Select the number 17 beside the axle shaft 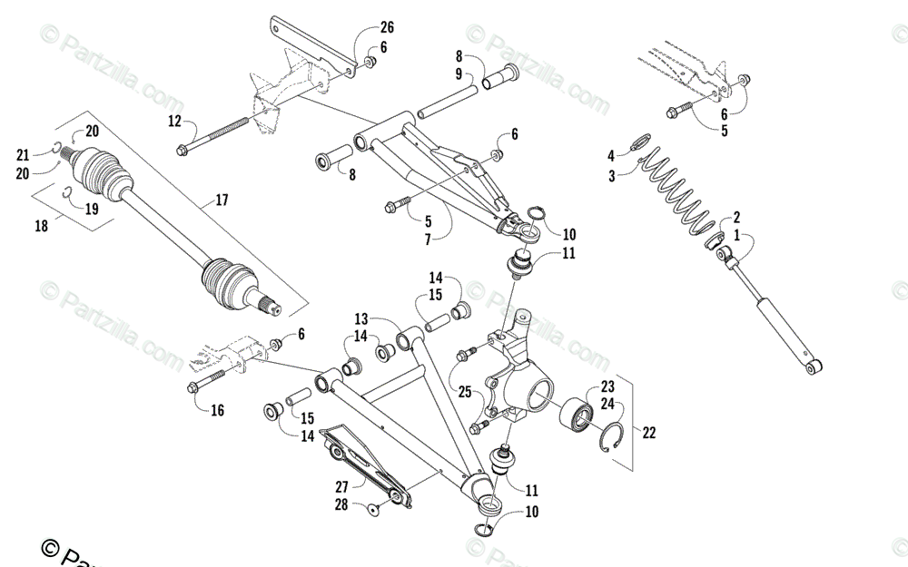tap(222, 200)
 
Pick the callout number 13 tap(361, 319)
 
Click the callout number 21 tap(23, 154)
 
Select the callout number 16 tap(217, 411)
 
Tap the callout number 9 tap(459, 73)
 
